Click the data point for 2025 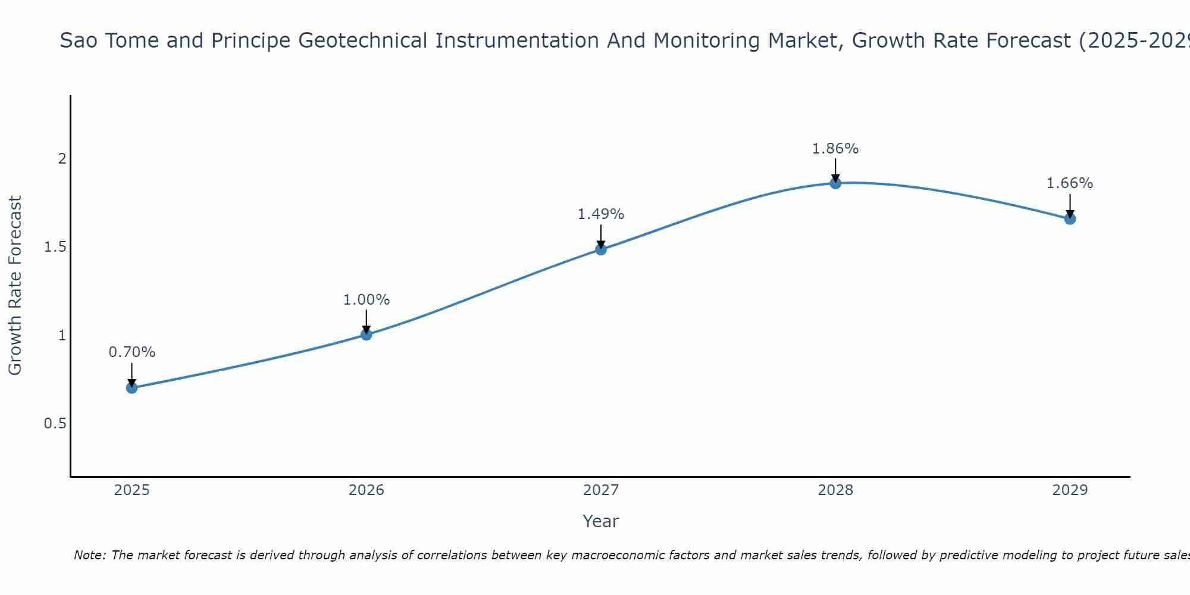click(131, 388)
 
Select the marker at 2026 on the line click(367, 335)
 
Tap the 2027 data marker click(601, 249)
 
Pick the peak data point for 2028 click(835, 183)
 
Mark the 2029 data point click(1070, 219)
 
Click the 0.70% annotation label click(131, 352)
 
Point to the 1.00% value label click(367, 300)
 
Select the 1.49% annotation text click(601, 214)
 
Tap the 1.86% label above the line click(835, 149)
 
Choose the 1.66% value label click(1070, 183)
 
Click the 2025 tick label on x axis click(131, 490)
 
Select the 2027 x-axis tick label click(601, 490)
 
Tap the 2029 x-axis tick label click(1070, 490)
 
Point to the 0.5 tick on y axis click(55, 424)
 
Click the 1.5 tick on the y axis click(55, 247)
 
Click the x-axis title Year click(601, 521)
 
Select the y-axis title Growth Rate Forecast click(15, 286)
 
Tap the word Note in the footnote click(89, 555)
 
